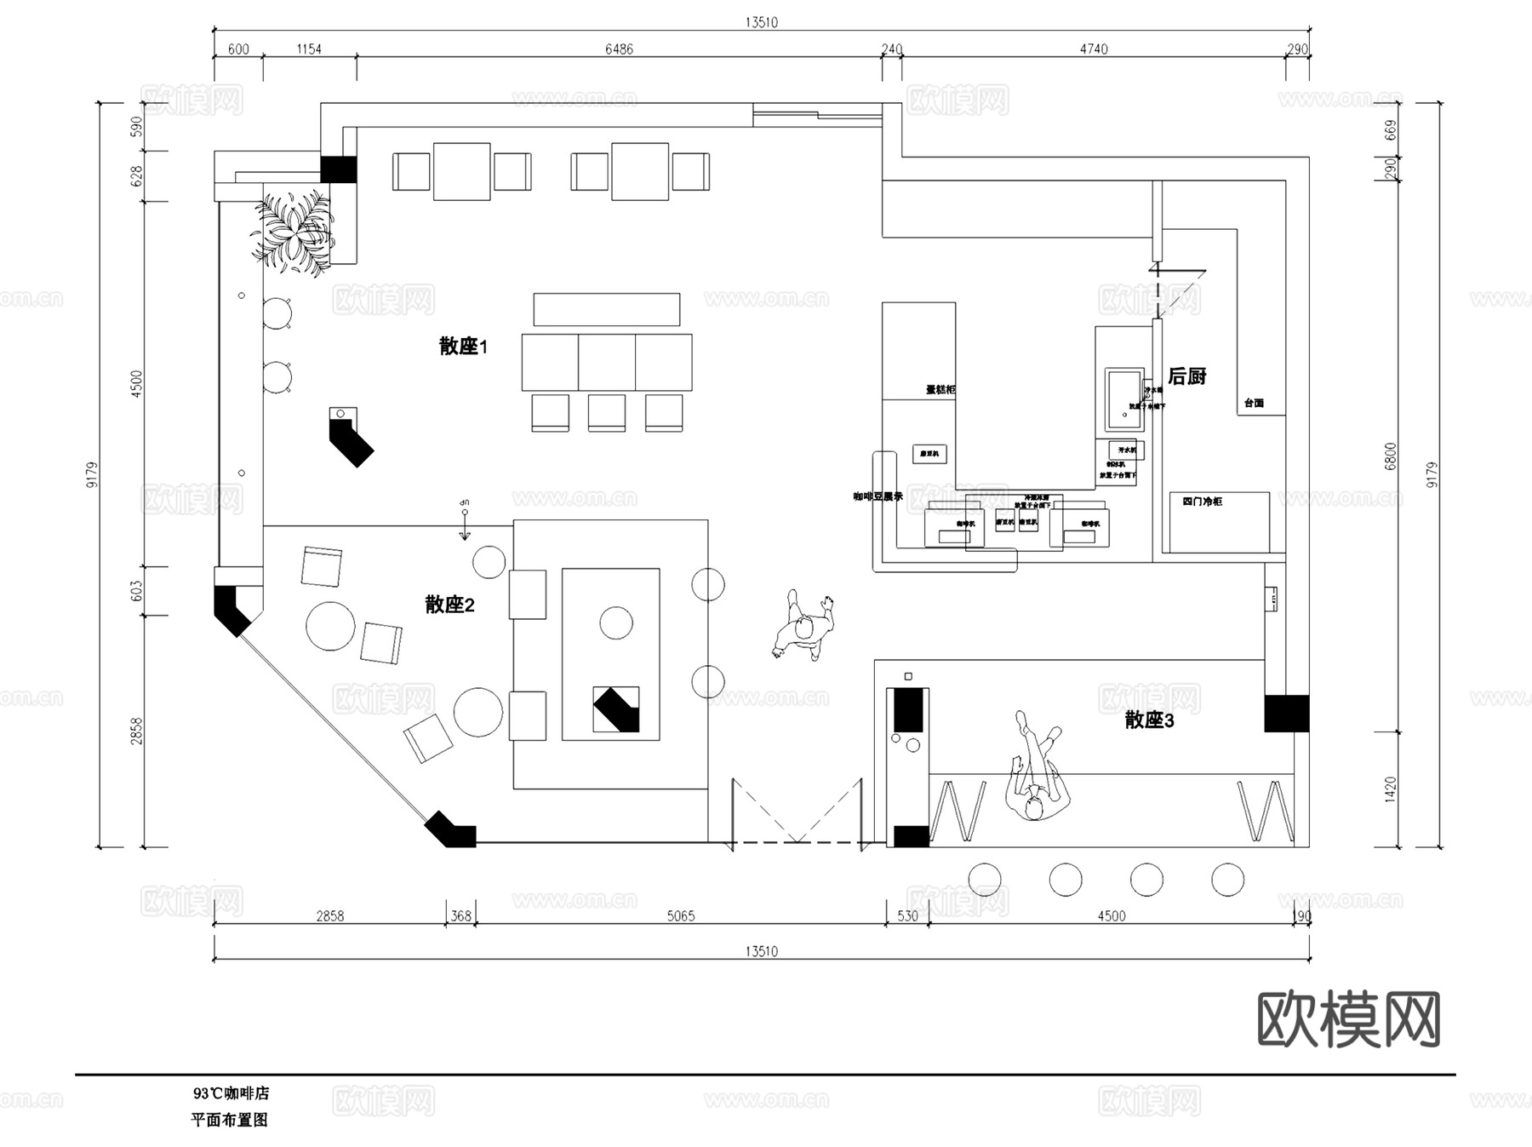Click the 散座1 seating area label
463,346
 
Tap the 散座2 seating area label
449,605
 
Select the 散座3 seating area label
1149,720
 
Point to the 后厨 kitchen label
1186,376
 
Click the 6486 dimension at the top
619,49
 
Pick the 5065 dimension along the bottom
680,916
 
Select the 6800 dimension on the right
1391,456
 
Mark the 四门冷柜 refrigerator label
1202,502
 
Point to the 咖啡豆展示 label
877,496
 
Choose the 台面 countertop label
1254,403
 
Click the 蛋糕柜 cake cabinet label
940,389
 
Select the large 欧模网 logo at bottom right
1348,1019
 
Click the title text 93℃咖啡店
231,1093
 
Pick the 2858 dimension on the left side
136,731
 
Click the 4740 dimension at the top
1094,49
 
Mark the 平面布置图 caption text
229,1120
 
